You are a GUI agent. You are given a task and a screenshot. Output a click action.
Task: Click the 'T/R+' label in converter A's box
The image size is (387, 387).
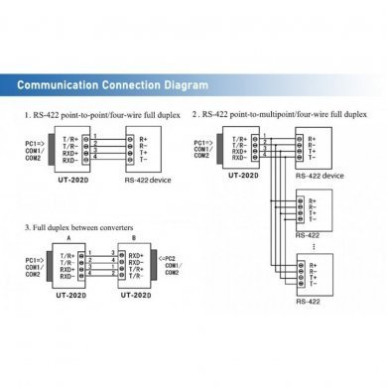pyautogui.click(x=68, y=253)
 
